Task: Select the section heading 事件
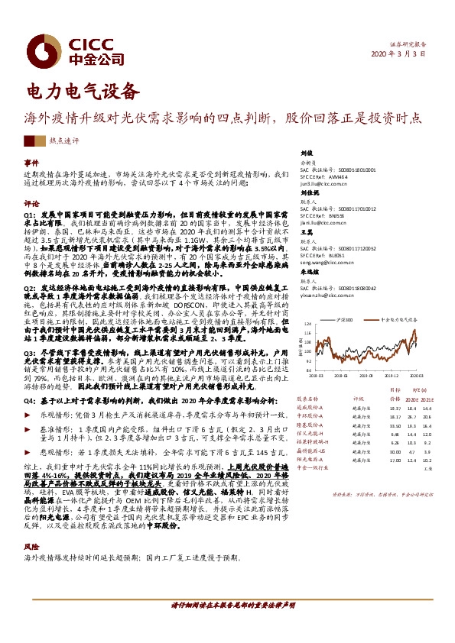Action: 31,163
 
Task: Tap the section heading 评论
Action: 31,205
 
